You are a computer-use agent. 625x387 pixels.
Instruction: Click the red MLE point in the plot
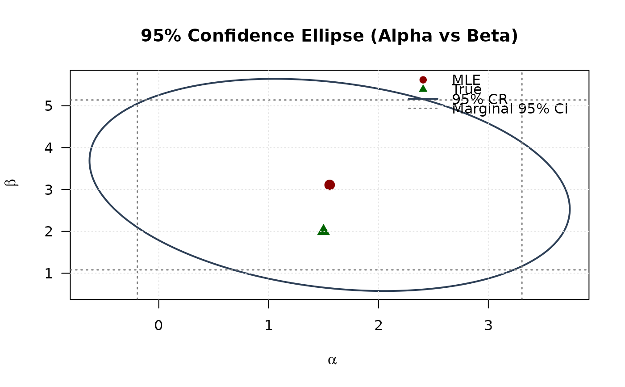click(x=329, y=185)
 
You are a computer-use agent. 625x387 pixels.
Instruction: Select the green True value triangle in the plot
click(x=324, y=230)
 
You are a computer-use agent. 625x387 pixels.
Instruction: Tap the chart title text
click(x=329, y=36)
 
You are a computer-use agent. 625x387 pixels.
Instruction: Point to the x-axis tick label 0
click(x=158, y=326)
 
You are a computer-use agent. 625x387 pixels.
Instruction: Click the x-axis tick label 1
click(x=268, y=326)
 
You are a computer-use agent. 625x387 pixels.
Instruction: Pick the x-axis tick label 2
click(x=379, y=326)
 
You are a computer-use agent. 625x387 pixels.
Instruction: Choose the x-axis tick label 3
click(x=488, y=326)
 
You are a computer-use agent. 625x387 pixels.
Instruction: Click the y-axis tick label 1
click(x=50, y=273)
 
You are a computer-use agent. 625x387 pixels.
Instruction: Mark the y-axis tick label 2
click(x=50, y=231)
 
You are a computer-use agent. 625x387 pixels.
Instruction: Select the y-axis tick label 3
click(x=50, y=189)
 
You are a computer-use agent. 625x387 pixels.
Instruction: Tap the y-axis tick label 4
click(x=50, y=147)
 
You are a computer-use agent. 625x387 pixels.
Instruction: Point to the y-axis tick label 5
click(x=50, y=106)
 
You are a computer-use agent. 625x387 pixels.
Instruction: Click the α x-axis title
click(x=332, y=360)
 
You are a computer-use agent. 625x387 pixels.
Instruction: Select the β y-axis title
click(x=13, y=183)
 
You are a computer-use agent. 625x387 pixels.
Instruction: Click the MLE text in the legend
click(x=466, y=80)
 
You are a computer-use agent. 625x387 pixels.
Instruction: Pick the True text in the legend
click(x=467, y=89)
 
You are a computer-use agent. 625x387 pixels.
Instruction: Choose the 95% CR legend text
click(x=479, y=99)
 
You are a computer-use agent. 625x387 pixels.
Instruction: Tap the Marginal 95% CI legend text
click(x=510, y=109)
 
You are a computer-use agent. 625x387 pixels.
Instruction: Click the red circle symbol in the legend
click(x=423, y=80)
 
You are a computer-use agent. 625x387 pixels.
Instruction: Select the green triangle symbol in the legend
click(x=423, y=88)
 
